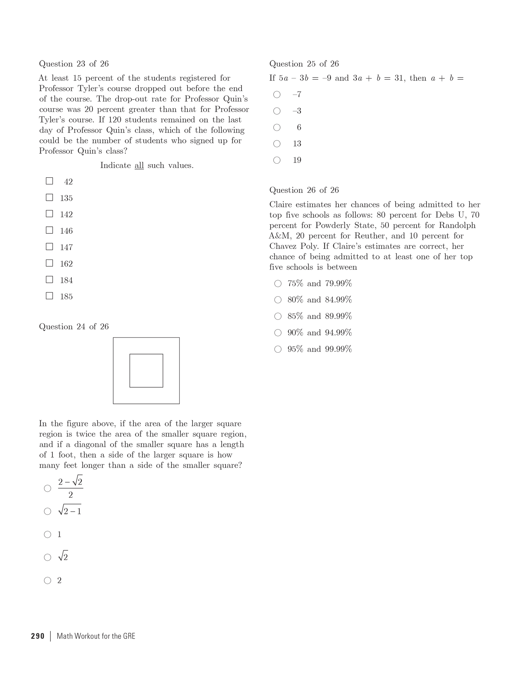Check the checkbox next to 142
[x=49, y=214]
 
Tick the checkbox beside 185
[x=49, y=296]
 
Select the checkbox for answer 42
[x=49, y=181]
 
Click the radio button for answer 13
[x=277, y=144]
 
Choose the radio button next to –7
[x=277, y=95]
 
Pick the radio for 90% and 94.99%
[x=278, y=333]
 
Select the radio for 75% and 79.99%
[x=278, y=284]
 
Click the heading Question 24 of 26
[x=74, y=327]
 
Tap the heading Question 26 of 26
[x=304, y=190]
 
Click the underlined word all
[x=139, y=166]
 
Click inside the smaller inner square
[x=146, y=371]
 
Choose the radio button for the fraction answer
[x=48, y=489]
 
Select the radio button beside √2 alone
[x=48, y=557]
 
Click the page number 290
[x=38, y=636]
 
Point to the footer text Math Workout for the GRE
[x=96, y=636]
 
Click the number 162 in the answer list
[x=66, y=264]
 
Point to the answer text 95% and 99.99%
[x=320, y=349]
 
